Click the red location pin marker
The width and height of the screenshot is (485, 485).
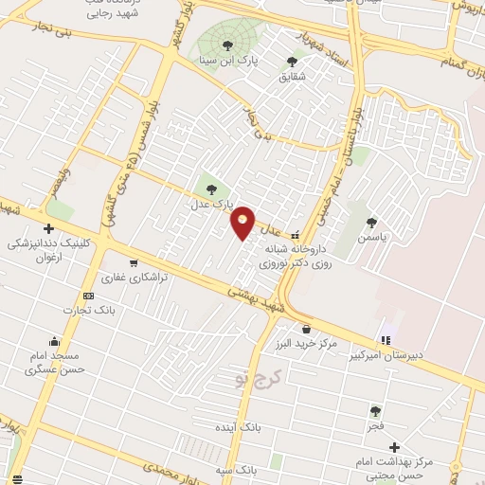tap(243, 223)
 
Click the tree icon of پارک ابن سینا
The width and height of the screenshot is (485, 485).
tap(225, 45)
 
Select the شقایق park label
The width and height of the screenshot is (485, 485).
tap(291, 77)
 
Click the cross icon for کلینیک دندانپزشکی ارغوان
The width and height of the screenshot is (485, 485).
tap(48, 228)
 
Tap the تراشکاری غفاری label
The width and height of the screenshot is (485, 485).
tap(135, 278)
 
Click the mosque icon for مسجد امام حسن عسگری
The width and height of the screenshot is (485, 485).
tap(55, 342)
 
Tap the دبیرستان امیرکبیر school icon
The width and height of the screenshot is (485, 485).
tap(386, 340)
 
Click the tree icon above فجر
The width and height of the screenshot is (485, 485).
tap(376, 411)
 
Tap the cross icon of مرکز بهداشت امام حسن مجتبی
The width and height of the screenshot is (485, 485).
tap(394, 447)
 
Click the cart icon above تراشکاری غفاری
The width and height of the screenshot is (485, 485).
tap(134, 263)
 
